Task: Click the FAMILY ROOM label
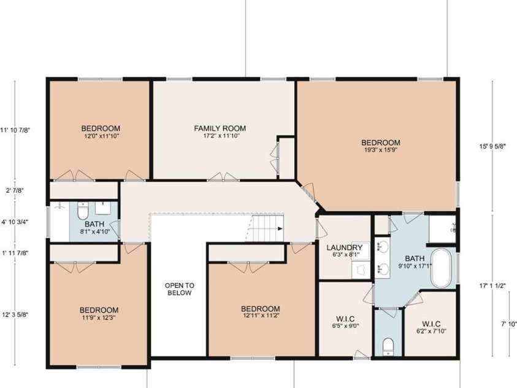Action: click(220, 128)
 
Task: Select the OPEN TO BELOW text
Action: click(179, 289)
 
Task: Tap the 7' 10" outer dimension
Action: click(508, 324)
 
